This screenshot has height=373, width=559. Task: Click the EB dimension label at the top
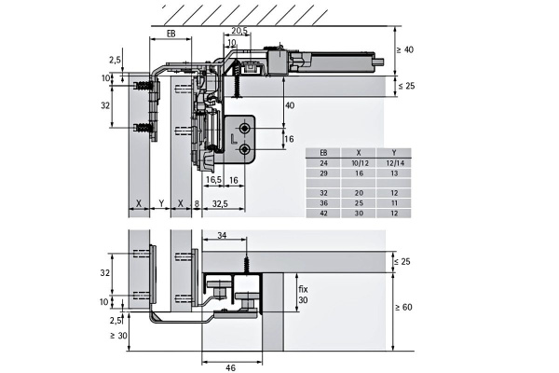171,34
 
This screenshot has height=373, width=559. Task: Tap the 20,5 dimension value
239,31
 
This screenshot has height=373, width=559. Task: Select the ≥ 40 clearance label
405,49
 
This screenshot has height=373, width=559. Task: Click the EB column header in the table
323,153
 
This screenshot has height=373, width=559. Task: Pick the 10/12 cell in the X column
359,163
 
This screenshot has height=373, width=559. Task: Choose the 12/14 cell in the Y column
394,163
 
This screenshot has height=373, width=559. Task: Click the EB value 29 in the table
323,173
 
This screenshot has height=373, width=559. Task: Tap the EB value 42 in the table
323,214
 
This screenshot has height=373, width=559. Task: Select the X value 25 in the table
359,203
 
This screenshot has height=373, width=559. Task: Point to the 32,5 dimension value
220,203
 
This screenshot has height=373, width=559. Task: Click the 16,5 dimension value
213,180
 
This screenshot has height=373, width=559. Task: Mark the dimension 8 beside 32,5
197,203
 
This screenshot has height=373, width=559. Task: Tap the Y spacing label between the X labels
161,203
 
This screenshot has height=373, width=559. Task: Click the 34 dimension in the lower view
222,236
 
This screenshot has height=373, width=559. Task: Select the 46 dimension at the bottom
231,367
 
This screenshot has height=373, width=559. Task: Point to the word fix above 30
303,289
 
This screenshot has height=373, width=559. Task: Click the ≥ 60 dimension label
404,307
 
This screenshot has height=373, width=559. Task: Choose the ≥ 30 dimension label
118,336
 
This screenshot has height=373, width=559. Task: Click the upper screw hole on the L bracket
244,129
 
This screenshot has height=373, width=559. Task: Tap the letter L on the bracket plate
234,139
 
